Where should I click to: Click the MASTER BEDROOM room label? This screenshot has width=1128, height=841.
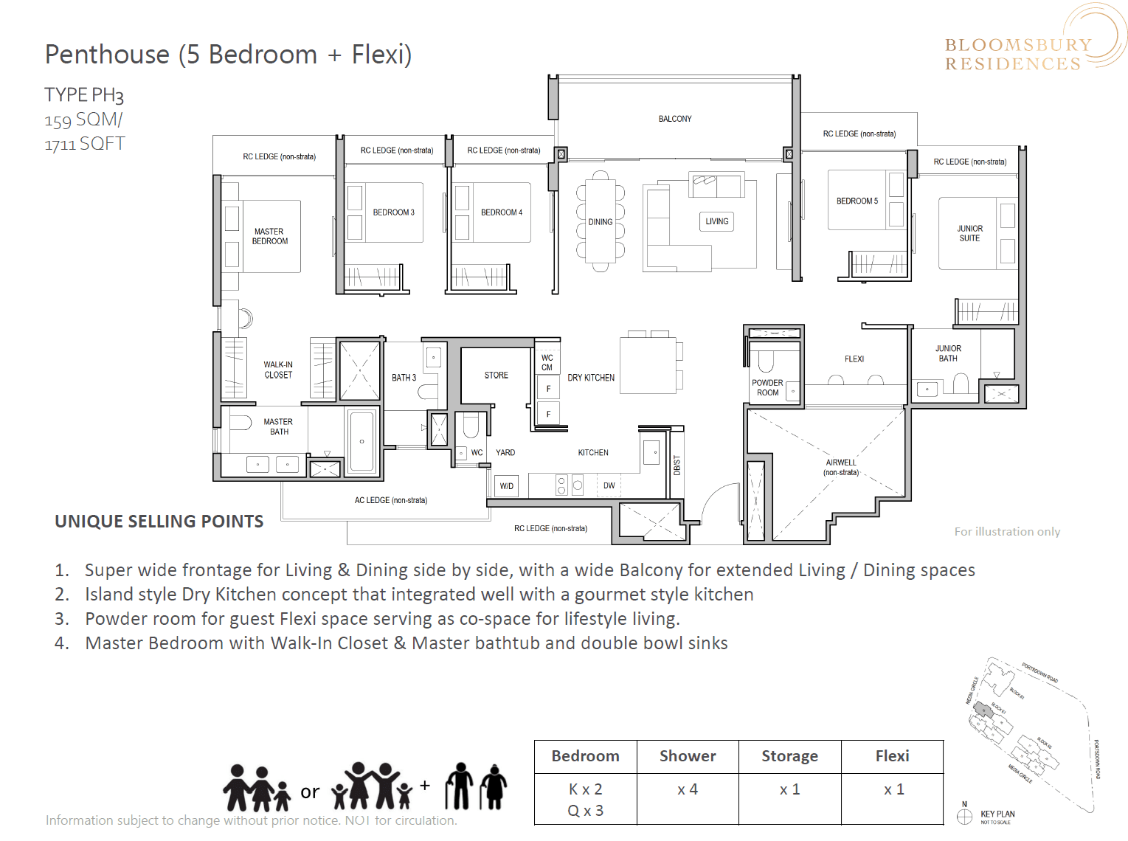pos(270,236)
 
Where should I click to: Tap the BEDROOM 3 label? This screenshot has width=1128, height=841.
pos(393,212)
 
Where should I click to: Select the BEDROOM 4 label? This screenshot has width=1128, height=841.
pos(502,212)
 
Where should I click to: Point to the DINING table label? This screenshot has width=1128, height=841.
pos(601,222)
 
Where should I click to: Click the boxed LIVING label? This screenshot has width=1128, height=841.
pos(716,221)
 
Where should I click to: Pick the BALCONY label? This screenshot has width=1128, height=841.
pos(675,119)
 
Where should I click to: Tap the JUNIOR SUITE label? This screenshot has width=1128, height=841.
pos(969,233)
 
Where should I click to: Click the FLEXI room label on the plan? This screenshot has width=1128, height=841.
pos(854,359)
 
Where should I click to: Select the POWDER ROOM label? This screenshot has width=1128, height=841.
pos(767,388)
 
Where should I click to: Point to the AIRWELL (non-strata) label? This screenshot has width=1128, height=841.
pos(841,468)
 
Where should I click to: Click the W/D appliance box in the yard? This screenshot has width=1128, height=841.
pos(507,486)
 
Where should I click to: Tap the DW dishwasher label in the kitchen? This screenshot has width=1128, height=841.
pos(609,485)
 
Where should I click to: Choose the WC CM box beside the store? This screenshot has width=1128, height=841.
pos(547,362)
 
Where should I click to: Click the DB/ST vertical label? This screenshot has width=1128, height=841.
pos(677,466)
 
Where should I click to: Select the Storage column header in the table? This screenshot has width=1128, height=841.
pos(789,756)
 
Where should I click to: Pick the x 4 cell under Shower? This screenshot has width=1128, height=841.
pos(688,789)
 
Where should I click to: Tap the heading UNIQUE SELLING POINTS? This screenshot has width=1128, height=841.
pos(159,522)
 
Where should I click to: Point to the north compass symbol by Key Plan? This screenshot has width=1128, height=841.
pos(964,816)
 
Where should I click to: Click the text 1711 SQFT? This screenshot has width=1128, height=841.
pos(85,144)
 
